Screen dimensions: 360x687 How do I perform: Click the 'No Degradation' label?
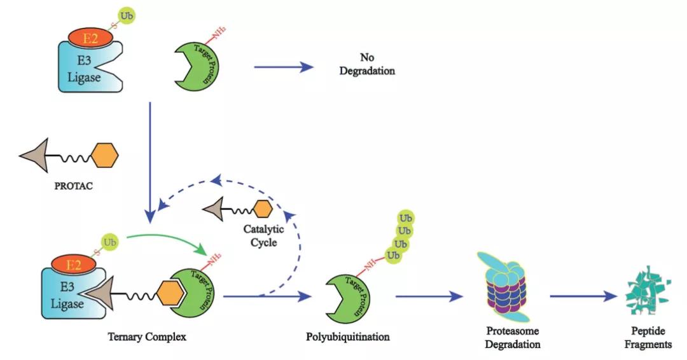pyautogui.click(x=366, y=64)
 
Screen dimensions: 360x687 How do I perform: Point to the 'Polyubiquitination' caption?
pyautogui.click(x=348, y=336)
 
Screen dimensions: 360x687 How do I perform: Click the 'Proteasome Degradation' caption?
pyautogui.click(x=513, y=338)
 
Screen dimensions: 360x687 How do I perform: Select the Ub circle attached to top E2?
pyautogui.click(x=127, y=14)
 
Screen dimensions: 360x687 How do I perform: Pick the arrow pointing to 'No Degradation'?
pyautogui.click(x=283, y=66)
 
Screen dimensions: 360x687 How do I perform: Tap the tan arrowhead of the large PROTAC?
pyautogui.click(x=37, y=156)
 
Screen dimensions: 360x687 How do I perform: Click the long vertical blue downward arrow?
pyautogui.click(x=149, y=159)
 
